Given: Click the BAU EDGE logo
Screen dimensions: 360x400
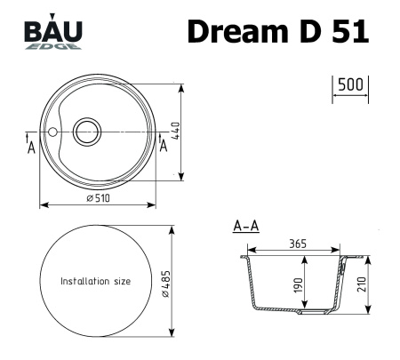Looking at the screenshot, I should [x=54, y=34].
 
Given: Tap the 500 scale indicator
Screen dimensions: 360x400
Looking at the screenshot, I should [x=350, y=85].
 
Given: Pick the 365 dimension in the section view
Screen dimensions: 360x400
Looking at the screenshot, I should [x=298, y=244].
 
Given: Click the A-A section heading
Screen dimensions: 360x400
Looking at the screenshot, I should [x=245, y=228].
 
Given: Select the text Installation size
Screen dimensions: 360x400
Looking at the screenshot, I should [x=95, y=281].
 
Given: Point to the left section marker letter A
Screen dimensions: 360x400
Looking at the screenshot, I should [x=31, y=147].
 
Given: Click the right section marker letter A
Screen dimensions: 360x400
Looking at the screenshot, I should [x=163, y=146].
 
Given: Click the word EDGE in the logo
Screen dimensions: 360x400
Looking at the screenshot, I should [x=62, y=45].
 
